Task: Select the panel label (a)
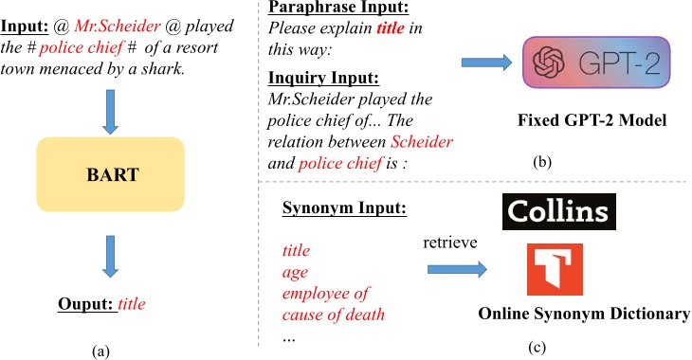coord(100,351)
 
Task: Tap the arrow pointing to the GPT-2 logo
coord(487,63)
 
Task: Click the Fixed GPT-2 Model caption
coord(592,121)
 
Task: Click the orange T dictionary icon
coord(555,271)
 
